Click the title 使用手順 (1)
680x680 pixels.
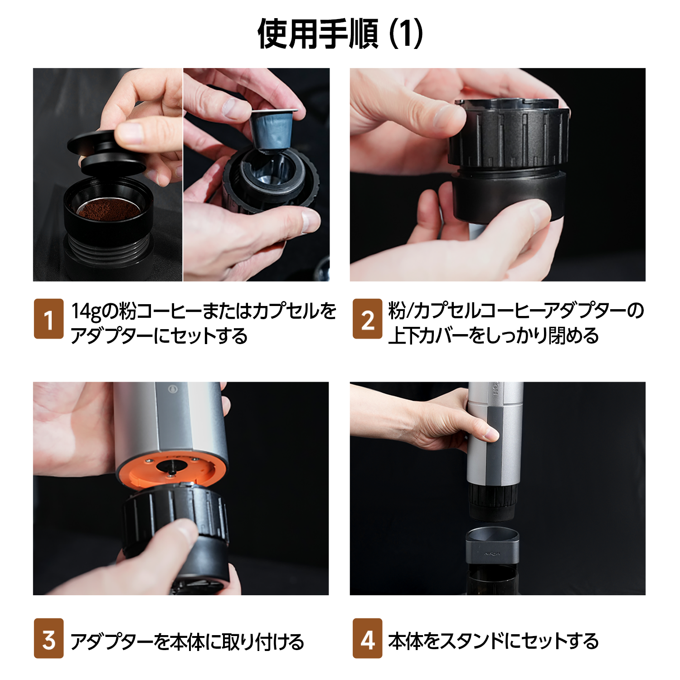pyautogui.click(x=340, y=34)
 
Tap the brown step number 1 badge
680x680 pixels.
pyautogui.click(x=49, y=319)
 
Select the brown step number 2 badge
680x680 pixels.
pyautogui.click(x=367, y=319)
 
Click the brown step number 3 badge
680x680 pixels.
pyautogui.click(x=49, y=638)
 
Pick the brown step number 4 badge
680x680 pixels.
pyautogui.click(x=367, y=638)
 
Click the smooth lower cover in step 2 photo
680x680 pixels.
pyautogui.click(x=509, y=197)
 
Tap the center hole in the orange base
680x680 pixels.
pyautogui.click(x=171, y=468)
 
